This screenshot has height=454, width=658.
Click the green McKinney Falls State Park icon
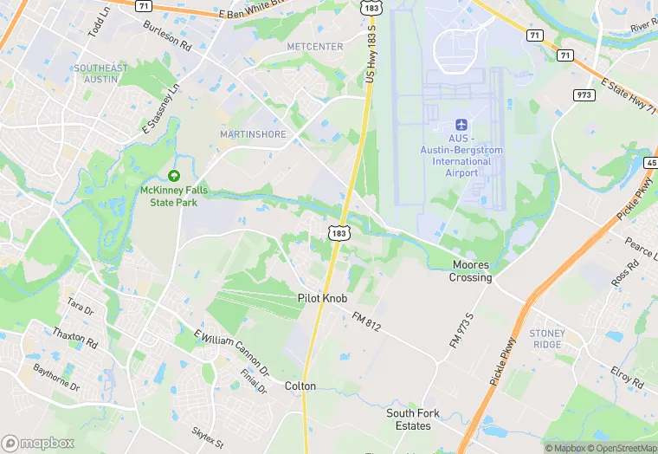coord(174,176)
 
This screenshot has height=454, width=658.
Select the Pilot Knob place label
coord(322,298)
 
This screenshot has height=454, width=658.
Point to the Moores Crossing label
coord(470,271)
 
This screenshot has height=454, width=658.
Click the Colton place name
coord(300,386)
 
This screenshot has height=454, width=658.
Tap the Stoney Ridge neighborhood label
coord(546,339)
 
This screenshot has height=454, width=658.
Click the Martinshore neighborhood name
coord(253,134)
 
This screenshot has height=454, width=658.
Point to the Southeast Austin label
coord(100,74)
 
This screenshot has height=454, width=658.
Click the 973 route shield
coord(583,94)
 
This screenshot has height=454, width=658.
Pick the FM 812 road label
coord(366,320)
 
